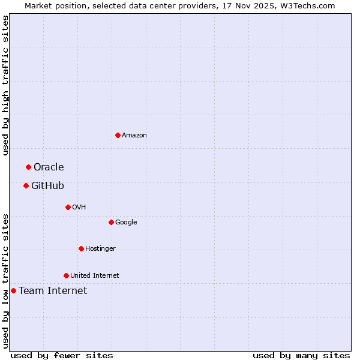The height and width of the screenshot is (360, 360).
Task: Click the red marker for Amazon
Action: (118, 135)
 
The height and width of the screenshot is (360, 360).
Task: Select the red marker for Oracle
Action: (28, 167)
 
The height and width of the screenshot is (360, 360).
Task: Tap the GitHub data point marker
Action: (26, 185)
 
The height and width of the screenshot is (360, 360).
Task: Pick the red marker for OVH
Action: (68, 207)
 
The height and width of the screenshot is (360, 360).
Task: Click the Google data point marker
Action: (111, 222)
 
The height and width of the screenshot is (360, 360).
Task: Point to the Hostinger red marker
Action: (81, 248)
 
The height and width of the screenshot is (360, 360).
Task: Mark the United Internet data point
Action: (66, 275)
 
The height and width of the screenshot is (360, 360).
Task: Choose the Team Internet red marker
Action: (13, 290)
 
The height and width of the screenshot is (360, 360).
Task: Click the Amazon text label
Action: (134, 136)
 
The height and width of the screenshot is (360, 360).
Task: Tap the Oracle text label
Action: (49, 167)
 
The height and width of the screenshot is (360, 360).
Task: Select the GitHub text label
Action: (47, 186)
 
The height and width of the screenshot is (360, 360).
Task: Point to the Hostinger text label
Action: (100, 249)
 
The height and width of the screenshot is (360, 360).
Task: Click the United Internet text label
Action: (94, 276)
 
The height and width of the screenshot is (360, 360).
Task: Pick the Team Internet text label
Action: (53, 291)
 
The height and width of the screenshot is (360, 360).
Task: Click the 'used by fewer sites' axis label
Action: (62, 355)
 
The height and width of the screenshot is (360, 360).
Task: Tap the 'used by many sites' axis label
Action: (301, 355)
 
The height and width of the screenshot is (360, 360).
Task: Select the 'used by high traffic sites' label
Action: (5, 85)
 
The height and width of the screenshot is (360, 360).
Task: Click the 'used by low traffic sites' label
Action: (5, 281)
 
